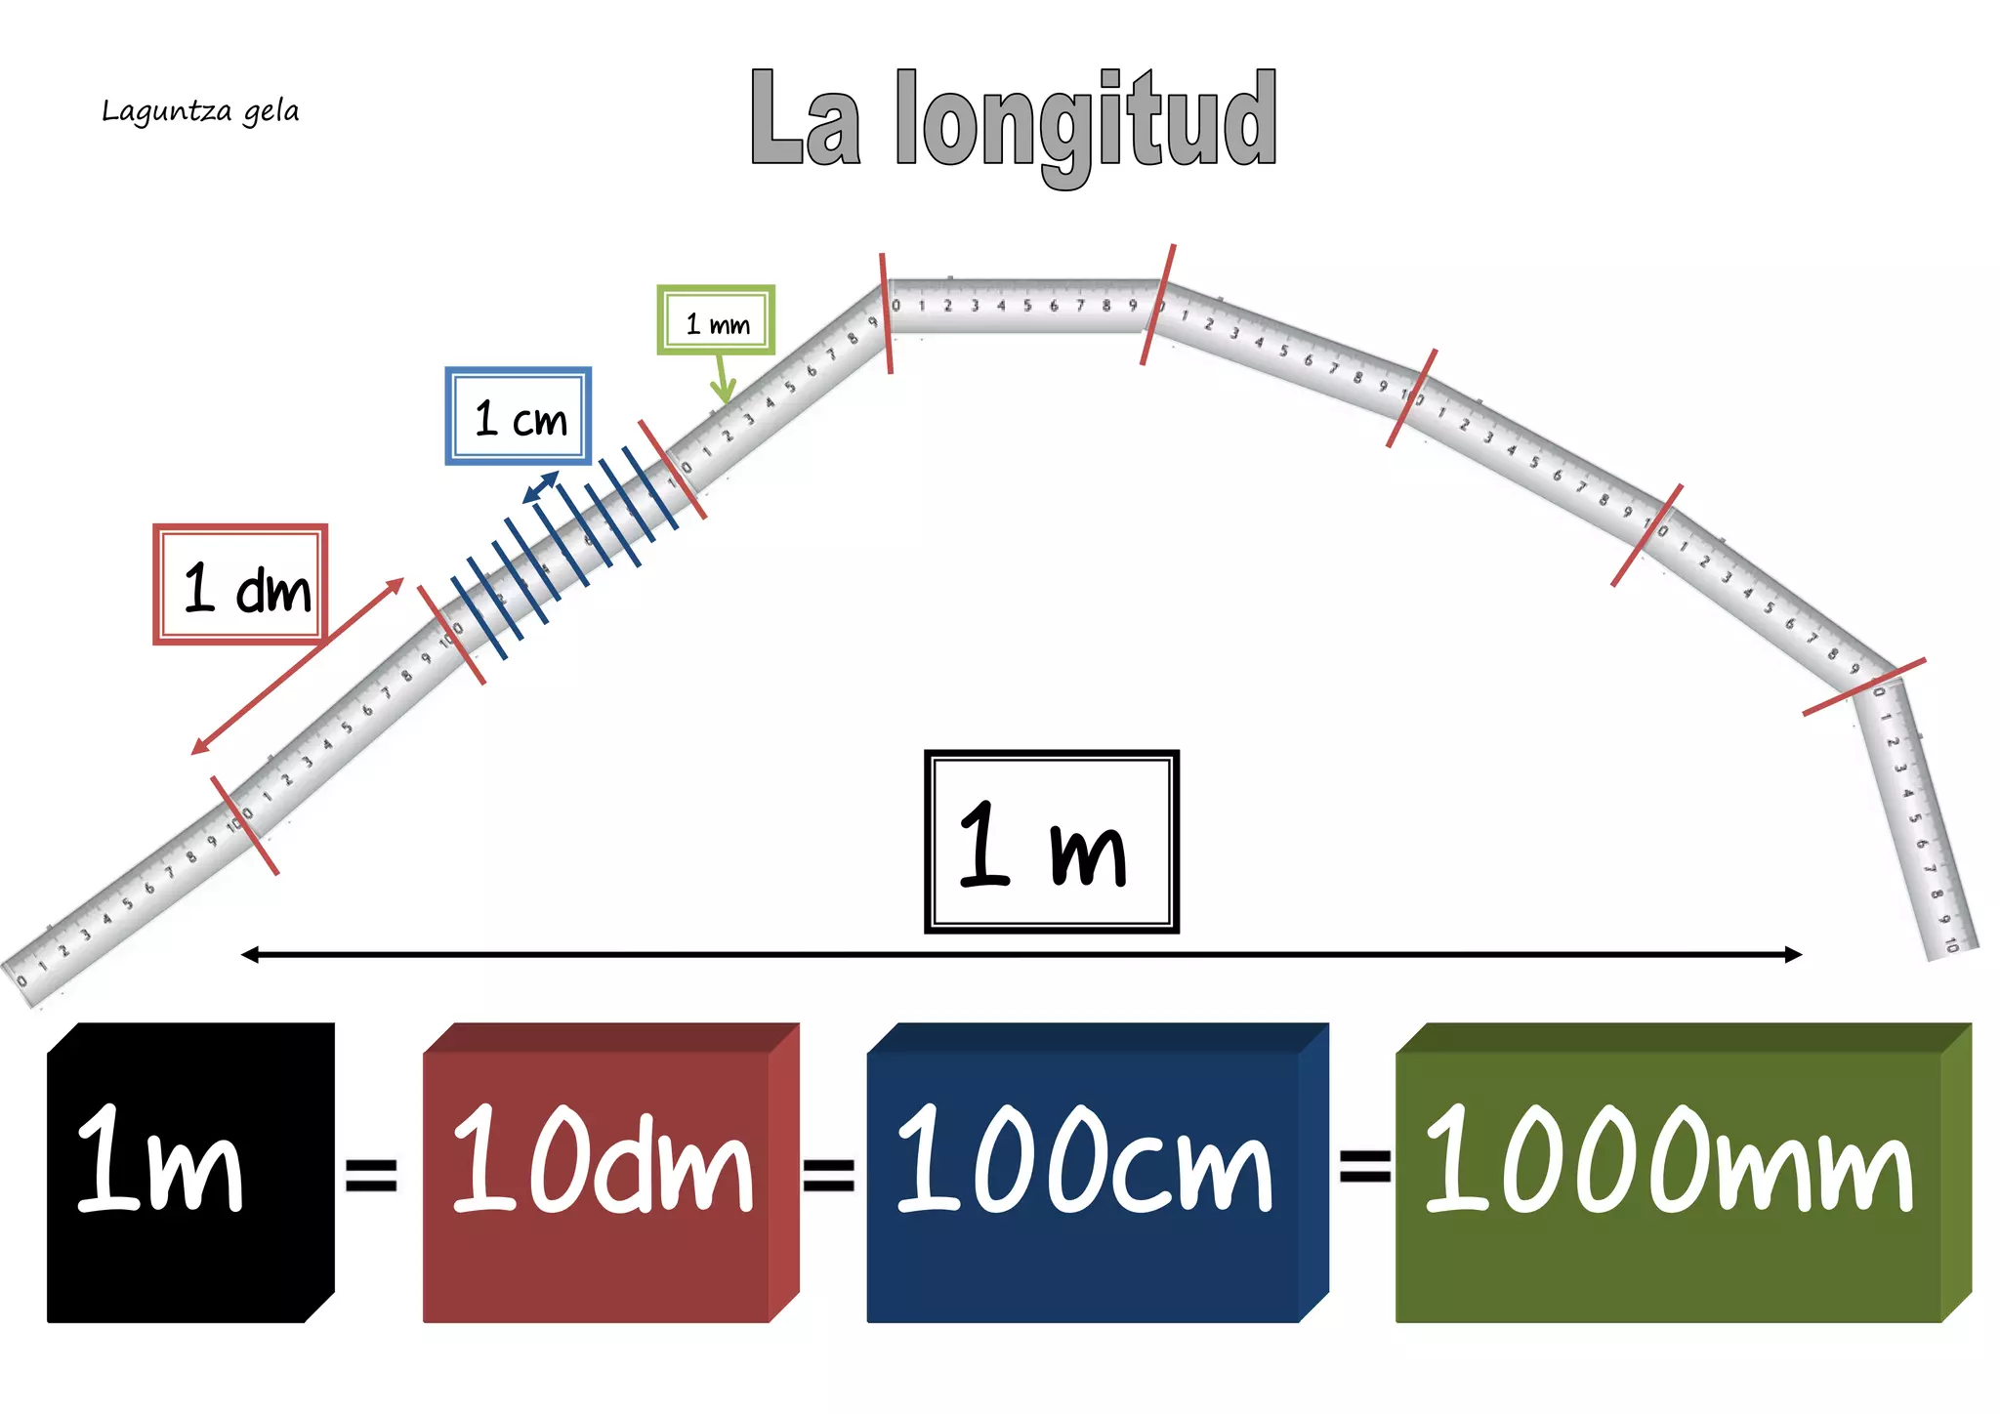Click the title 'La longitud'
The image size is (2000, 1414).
[x=1014, y=122]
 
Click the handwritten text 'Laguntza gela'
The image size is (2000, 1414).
[x=200, y=111]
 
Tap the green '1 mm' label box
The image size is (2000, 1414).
[x=716, y=320]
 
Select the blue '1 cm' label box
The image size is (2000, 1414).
[x=519, y=416]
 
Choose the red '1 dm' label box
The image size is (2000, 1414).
[x=240, y=584]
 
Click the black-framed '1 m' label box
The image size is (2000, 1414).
[x=1051, y=842]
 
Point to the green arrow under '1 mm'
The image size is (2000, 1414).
[x=723, y=381]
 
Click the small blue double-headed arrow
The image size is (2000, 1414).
[x=541, y=486]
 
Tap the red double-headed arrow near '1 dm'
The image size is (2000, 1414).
[x=298, y=666]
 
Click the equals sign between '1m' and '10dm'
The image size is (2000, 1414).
[x=371, y=1175]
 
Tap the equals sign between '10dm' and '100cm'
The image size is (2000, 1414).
[x=828, y=1175]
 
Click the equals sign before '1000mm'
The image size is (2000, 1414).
[x=1364, y=1164]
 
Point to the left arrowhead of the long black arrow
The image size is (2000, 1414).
[x=250, y=954]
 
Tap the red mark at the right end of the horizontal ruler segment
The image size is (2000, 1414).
[x=1158, y=305]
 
